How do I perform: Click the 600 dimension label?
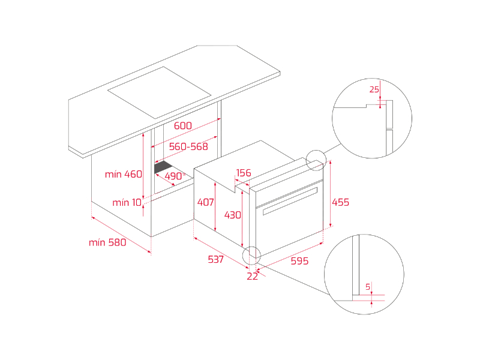183,125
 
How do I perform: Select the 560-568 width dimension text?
188,146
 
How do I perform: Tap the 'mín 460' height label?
124,174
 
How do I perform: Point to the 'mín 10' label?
127,202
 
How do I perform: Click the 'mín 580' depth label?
107,242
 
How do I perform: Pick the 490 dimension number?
173,176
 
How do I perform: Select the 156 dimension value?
244,173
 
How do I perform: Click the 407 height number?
205,202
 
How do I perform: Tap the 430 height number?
233,215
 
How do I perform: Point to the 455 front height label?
340,202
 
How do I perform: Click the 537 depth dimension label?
216,260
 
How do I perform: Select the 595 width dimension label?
299,261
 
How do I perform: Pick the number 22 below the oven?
253,276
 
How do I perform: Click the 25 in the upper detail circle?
374,89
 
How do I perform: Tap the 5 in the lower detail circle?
368,287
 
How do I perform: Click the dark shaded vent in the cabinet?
163,167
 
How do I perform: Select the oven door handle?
290,201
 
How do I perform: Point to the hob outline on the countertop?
159,93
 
